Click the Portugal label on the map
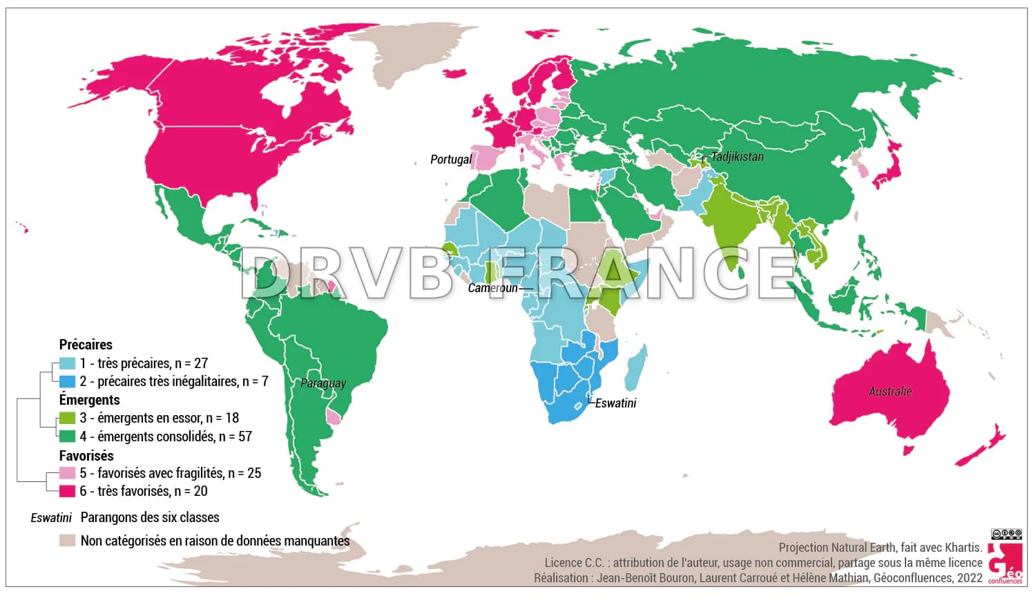[x=450, y=160]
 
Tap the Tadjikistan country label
[x=737, y=157]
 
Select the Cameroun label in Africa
[x=492, y=288]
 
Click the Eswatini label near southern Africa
[x=615, y=403]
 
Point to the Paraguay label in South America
[x=323, y=383]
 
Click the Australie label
[x=890, y=392]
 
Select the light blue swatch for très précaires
[x=67, y=363]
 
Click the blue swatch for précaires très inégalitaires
[x=67, y=381]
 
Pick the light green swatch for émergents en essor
[x=67, y=418]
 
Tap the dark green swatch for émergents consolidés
[x=67, y=436]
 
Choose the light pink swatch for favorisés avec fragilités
[x=67, y=473]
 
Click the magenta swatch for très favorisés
[x=67, y=491]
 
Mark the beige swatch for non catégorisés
[x=67, y=541]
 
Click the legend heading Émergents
[x=89, y=400]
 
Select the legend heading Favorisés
[x=86, y=456]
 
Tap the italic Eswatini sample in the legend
[x=51, y=517]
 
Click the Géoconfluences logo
[x=1005, y=563]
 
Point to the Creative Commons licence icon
[x=1006, y=534]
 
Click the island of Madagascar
[x=637, y=366]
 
